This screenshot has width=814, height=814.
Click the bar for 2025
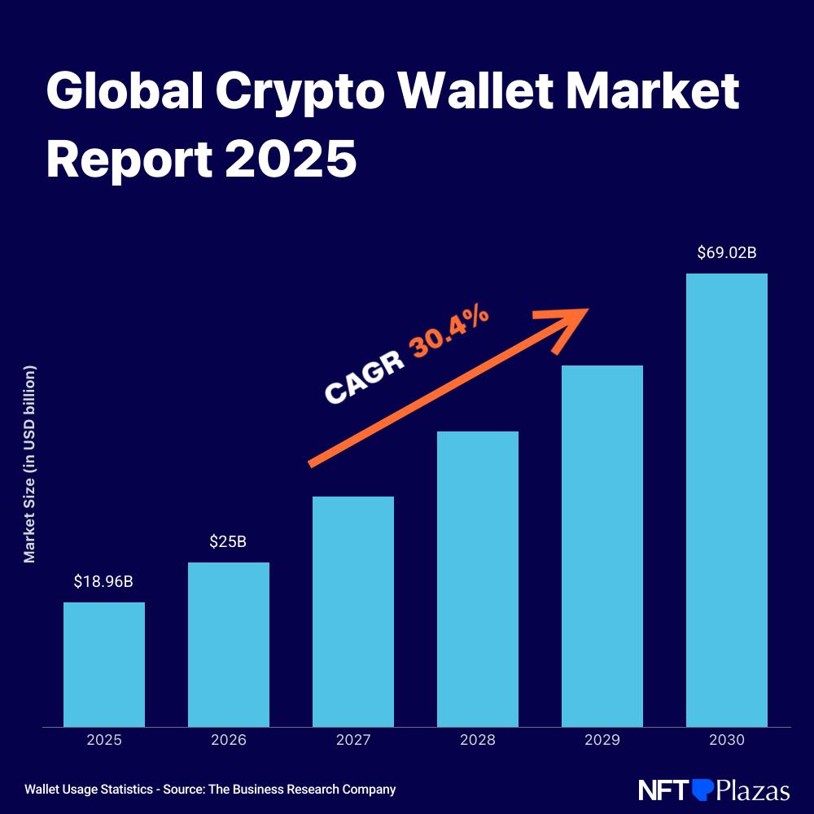tap(104, 664)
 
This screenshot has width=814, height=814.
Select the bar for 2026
tap(229, 644)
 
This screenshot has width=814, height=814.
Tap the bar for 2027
tap(353, 611)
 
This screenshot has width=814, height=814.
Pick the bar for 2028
tap(478, 579)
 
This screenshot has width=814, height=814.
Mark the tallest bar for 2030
tap(727, 500)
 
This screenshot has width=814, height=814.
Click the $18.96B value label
tap(103, 582)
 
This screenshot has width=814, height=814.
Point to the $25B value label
tap(228, 542)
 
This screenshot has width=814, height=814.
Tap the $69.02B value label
tap(727, 253)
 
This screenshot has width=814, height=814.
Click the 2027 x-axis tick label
tap(353, 741)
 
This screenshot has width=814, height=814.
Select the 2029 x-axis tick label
tap(602, 741)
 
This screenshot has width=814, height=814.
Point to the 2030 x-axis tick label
tap(727, 741)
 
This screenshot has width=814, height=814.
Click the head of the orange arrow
tap(570, 323)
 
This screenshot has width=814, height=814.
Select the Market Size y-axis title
tap(30, 464)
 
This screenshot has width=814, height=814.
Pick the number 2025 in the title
tap(291, 158)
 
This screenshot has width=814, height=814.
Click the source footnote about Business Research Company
tap(210, 790)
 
